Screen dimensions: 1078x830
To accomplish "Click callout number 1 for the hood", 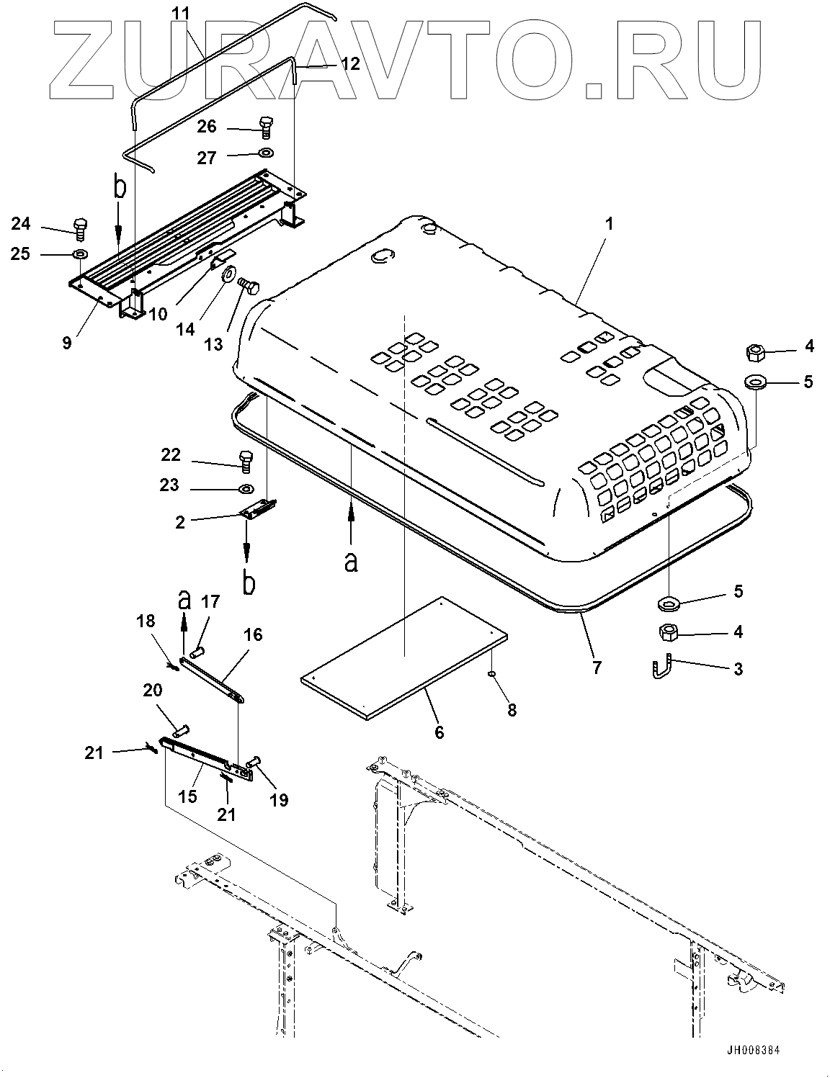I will pyautogui.click(x=609, y=225).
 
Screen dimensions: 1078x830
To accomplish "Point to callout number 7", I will pyautogui.click(x=596, y=667).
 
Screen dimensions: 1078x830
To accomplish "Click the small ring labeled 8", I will pyautogui.click(x=491, y=675).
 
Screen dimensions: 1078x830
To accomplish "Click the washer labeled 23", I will pyautogui.click(x=246, y=490).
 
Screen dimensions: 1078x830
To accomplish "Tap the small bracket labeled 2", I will pyautogui.click(x=259, y=509).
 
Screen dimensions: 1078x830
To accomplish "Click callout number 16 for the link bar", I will pyautogui.click(x=254, y=634).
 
